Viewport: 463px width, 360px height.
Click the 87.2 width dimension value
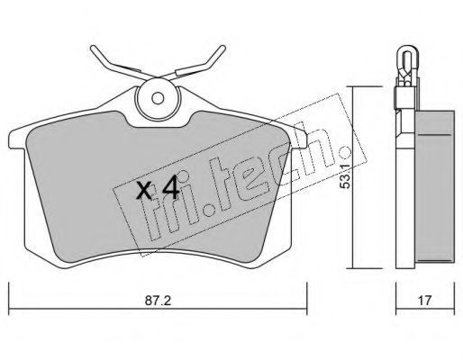coord(158,301)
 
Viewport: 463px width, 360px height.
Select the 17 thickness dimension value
coord(424,301)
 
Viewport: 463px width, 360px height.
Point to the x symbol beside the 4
coord(144,191)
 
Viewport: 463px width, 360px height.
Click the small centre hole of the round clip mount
coord(158,98)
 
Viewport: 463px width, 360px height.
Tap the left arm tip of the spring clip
coord(93,48)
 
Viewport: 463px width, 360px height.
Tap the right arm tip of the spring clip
coord(222,48)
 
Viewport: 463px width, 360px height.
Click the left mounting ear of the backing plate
coord(17,139)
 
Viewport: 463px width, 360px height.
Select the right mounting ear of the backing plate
coord(299,139)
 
